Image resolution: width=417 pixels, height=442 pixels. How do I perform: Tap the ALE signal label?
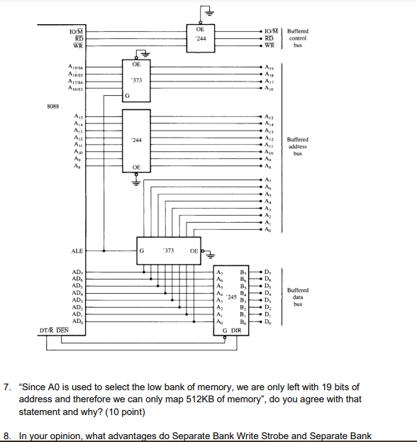coord(77,250)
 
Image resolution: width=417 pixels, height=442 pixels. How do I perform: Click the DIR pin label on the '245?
coord(237,330)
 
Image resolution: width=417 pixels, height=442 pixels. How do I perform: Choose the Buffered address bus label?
coord(298,146)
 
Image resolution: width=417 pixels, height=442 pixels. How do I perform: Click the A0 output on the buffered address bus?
coord(267,230)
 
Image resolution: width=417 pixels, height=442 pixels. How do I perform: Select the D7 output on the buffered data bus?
coord(267,272)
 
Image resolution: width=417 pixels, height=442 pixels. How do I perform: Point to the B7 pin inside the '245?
coord(243,272)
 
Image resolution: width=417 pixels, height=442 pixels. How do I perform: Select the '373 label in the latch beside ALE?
coord(168,250)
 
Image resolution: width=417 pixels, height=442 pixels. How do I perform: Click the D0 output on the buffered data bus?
coord(267,321)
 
